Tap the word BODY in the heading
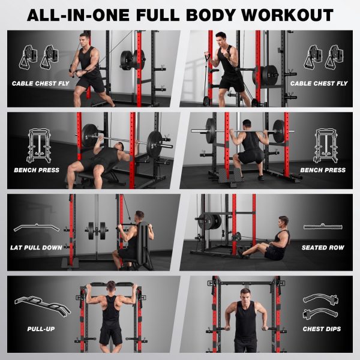point(211,15)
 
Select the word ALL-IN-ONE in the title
point(78,15)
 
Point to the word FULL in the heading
point(158,15)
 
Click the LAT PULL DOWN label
point(36,247)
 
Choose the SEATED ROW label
point(323,247)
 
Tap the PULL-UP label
point(41,329)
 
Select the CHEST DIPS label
point(322,329)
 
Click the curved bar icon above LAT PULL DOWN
point(37,226)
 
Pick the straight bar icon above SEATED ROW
point(323,227)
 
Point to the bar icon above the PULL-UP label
point(43,306)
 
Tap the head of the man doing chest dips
point(245,295)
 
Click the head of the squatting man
point(247,124)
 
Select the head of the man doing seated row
point(283,222)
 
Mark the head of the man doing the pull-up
point(111,287)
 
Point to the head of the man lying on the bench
point(119,147)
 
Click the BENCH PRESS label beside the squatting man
point(323,170)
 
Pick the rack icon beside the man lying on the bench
point(39,146)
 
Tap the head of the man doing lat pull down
point(139,216)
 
